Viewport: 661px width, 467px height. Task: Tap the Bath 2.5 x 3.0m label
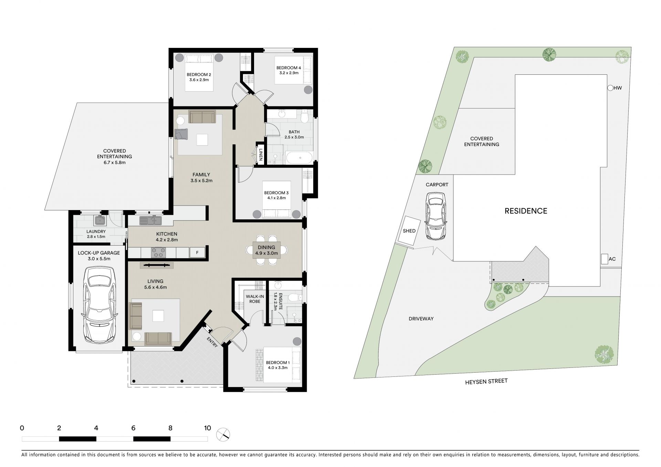pos(294,134)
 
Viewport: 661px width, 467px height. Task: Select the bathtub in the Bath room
pos(299,158)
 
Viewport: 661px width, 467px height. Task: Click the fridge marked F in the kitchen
pos(197,252)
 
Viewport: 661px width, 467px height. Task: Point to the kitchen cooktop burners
pos(158,253)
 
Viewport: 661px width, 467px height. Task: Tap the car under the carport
pos(436,216)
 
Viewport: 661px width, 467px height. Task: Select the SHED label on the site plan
pos(409,231)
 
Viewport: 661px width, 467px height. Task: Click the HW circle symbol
pos(610,88)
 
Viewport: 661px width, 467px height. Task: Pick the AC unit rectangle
pos(604,259)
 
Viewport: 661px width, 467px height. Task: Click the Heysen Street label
pos(486,382)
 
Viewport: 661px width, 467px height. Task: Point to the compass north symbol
pos(223,435)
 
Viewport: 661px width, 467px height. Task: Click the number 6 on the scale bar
pos(133,428)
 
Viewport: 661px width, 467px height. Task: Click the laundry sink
pos(100,220)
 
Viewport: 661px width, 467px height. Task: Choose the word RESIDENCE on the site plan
pos(526,211)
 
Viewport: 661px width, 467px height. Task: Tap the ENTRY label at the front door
pos(212,342)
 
